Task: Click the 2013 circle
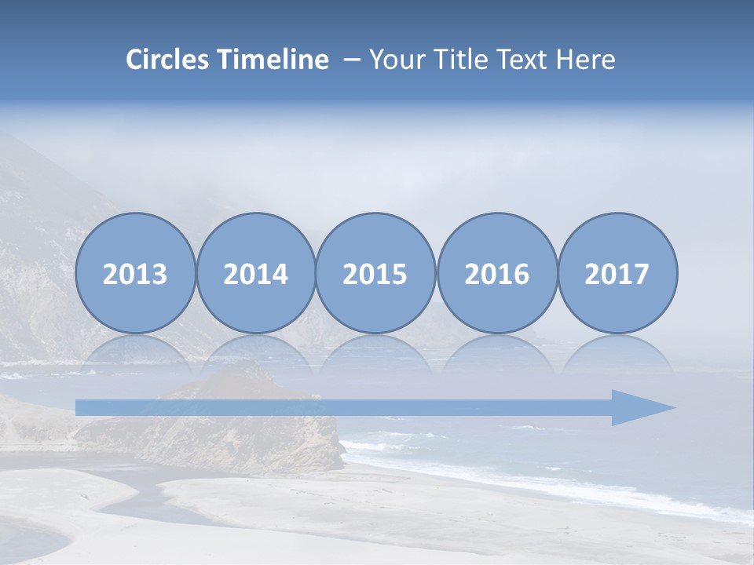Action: pyautogui.click(x=135, y=273)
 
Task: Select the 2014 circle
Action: pyautogui.click(x=255, y=273)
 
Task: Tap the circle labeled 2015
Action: pyautogui.click(x=375, y=273)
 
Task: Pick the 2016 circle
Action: pyautogui.click(x=496, y=273)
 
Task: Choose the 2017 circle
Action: pyautogui.click(x=617, y=273)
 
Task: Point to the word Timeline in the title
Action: pyautogui.click(x=274, y=60)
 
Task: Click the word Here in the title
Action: pyautogui.click(x=585, y=60)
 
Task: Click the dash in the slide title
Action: pyautogui.click(x=351, y=60)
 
